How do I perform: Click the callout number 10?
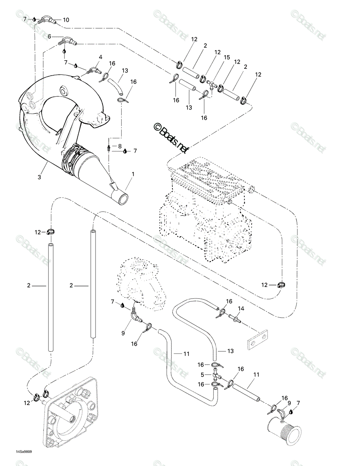pos(66,20)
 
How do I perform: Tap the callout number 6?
pos(49,37)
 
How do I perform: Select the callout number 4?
pos(100,57)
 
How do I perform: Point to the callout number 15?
pos(227,57)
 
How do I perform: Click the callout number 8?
pos(120,146)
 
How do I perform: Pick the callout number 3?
pos(39,177)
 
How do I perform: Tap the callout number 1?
pos(133,174)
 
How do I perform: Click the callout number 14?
pos(241,309)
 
